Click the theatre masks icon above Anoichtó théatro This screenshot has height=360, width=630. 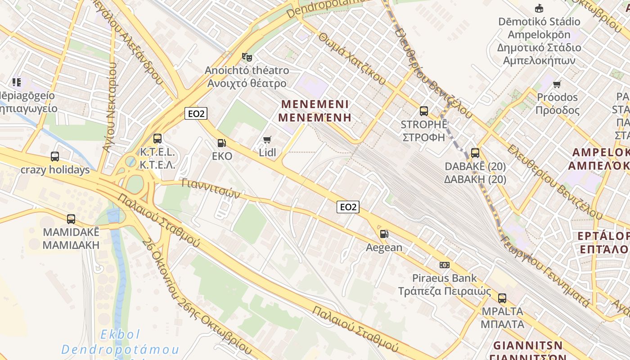(247, 57)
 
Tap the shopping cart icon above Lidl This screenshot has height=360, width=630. (267, 139)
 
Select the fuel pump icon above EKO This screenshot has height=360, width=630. (221, 143)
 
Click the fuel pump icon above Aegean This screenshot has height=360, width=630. (384, 234)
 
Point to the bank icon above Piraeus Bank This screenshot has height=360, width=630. (445, 265)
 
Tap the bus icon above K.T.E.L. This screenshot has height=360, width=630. (157, 139)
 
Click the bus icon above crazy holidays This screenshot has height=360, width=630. (55, 157)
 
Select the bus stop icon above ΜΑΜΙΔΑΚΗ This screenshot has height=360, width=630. (71, 219)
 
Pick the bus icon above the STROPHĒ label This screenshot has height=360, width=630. (423, 111)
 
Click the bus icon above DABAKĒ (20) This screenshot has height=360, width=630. (475, 153)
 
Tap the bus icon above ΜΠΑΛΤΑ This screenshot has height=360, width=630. (502, 298)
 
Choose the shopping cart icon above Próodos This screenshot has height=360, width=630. (557, 84)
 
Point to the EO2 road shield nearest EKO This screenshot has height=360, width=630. (196, 114)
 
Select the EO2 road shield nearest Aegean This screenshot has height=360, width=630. (348, 207)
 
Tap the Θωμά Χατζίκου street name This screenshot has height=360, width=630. (352, 59)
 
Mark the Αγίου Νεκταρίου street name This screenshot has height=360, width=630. (111, 106)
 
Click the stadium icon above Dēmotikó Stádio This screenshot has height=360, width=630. (539, 8)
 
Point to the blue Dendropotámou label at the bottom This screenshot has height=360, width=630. (120, 349)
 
